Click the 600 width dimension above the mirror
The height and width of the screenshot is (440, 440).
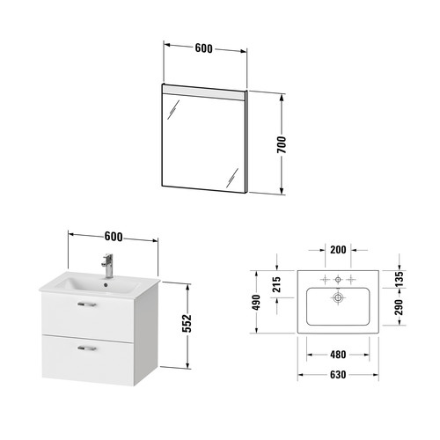tap(203, 48)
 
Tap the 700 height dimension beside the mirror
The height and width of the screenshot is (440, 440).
tap(282, 144)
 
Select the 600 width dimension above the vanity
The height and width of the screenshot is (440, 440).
tap(114, 237)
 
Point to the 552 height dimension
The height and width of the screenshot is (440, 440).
tap(187, 323)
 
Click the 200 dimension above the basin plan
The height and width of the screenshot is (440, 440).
tap(338, 250)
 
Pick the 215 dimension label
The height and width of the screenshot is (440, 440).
tap(276, 284)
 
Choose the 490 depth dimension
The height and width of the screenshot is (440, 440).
tap(256, 303)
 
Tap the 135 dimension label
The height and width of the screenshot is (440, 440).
tap(399, 279)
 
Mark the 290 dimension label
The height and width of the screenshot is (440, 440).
tap(399, 307)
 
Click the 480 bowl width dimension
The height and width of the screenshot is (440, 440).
tap(338, 355)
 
